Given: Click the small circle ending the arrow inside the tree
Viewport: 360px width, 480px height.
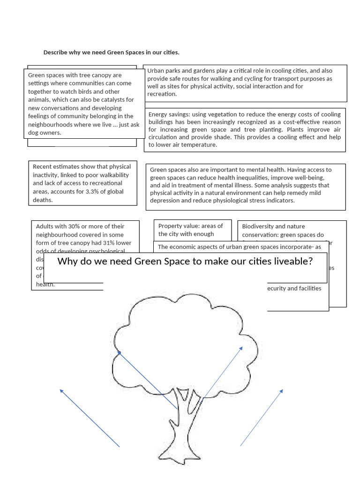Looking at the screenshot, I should click(x=119, y=352).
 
